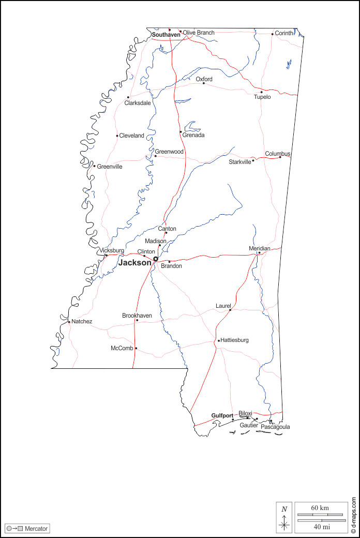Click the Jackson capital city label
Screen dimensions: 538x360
(x=135, y=263)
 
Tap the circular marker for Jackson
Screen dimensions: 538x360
(x=156, y=259)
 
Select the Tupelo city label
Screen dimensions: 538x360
(x=262, y=97)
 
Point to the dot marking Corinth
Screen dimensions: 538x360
(x=273, y=34)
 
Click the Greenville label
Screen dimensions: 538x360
(x=110, y=167)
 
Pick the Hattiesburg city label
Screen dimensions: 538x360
(x=235, y=340)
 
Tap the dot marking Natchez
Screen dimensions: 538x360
(x=69, y=322)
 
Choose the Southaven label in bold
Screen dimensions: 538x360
(x=166, y=35)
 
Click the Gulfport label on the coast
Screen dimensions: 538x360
(x=222, y=415)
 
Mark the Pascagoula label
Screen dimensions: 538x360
(x=275, y=427)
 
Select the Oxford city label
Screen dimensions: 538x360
(x=204, y=79)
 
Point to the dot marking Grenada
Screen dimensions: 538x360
(x=181, y=132)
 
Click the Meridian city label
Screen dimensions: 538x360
(x=260, y=248)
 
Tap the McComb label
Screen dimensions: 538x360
(x=122, y=348)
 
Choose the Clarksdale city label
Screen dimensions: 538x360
(x=138, y=103)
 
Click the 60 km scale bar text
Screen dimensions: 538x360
(x=320, y=508)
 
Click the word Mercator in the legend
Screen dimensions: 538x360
(x=36, y=529)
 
